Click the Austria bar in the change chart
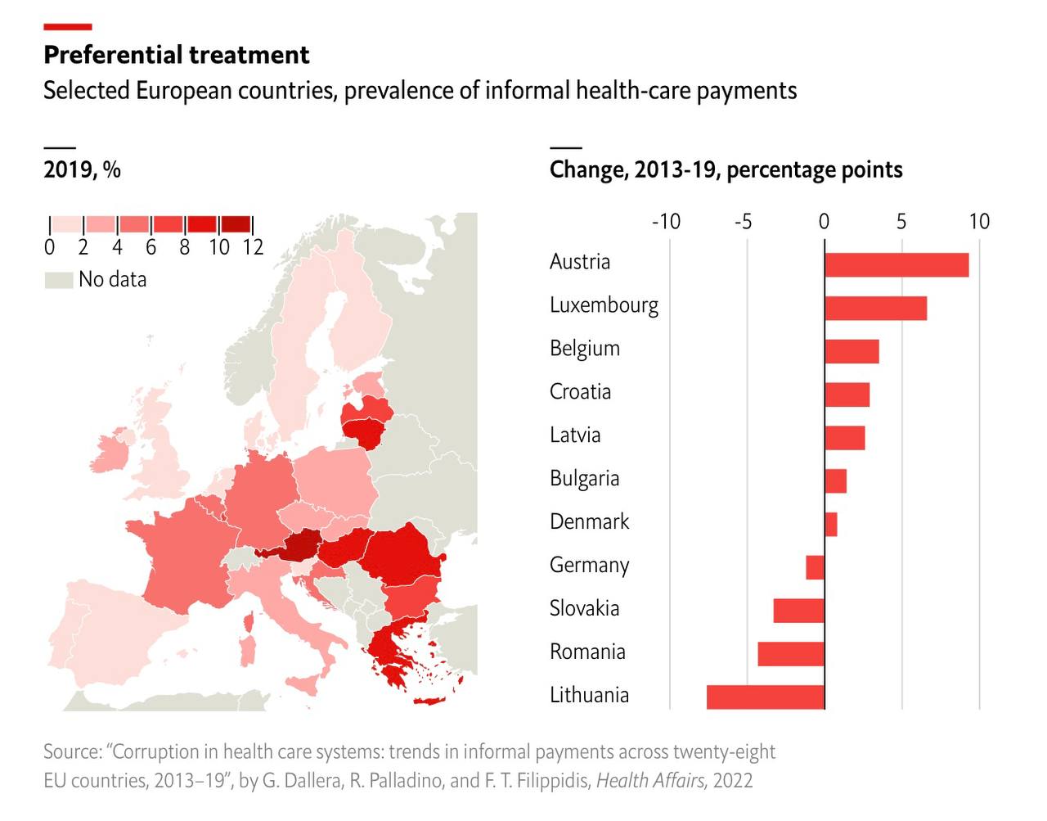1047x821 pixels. (x=896, y=265)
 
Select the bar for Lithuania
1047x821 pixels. (x=766, y=697)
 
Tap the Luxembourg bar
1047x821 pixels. (x=875, y=309)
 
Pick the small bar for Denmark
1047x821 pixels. (x=831, y=525)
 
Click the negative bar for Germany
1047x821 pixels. (x=816, y=567)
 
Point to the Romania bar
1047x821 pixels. (x=791, y=654)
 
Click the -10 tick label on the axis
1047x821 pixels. (x=666, y=222)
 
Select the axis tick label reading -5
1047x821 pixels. (x=743, y=222)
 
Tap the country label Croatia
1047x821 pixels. (x=580, y=392)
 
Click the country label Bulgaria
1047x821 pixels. (x=584, y=479)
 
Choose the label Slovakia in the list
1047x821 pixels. (x=584, y=609)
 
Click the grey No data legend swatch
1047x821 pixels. (x=58, y=280)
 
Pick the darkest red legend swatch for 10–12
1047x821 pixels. (x=236, y=224)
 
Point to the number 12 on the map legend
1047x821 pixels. (x=252, y=247)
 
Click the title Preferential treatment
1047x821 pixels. (x=176, y=55)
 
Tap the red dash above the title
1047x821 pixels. (x=67, y=28)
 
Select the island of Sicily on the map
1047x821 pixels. (x=300, y=683)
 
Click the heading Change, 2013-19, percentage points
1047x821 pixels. (x=726, y=170)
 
